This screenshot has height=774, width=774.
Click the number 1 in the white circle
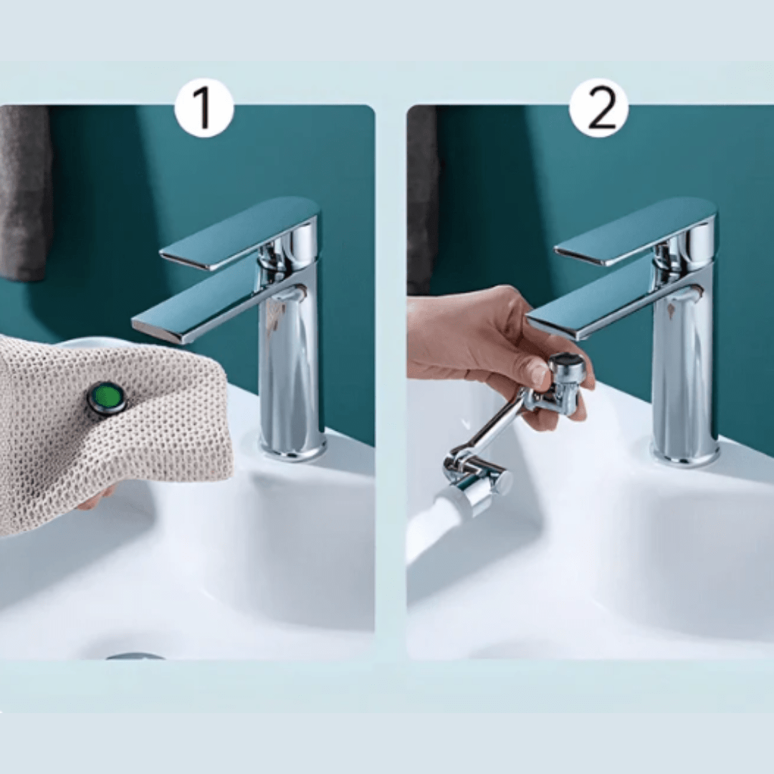pos(204,108)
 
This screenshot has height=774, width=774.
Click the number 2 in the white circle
pos(598,108)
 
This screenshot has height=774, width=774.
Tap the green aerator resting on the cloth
pos(107,398)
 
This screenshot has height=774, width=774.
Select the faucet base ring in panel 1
pos(292,449)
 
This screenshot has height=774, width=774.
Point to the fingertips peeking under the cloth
pos(97,497)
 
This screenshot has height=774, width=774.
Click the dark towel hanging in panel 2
pos(421,201)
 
